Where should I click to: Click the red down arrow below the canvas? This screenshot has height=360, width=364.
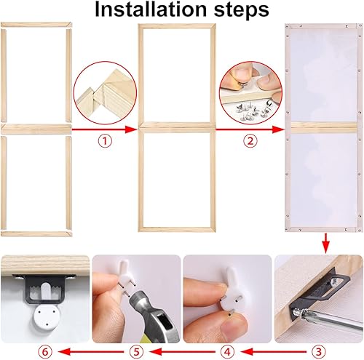pyautogui.click(x=324, y=242)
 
